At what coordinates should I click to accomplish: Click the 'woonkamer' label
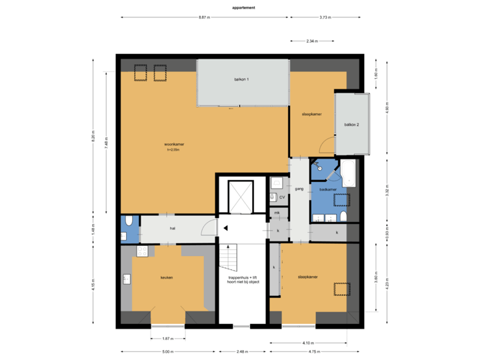point(175,144)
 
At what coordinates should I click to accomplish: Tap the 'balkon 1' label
point(241,79)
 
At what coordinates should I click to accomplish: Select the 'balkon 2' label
point(351,125)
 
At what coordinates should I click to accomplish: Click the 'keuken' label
point(167,277)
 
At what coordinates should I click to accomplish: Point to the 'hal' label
point(172,228)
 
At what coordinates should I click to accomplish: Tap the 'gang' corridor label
point(299,189)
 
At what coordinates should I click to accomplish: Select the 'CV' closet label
point(282,197)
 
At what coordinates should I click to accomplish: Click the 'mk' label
point(277,213)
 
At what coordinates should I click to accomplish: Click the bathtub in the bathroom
point(349,173)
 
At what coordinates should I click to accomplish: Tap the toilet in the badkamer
point(343,217)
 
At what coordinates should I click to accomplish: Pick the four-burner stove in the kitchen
point(141,251)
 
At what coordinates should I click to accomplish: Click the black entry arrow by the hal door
point(226,228)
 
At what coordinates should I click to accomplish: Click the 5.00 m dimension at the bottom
point(167,351)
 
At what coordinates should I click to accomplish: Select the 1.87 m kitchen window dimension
point(167,338)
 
